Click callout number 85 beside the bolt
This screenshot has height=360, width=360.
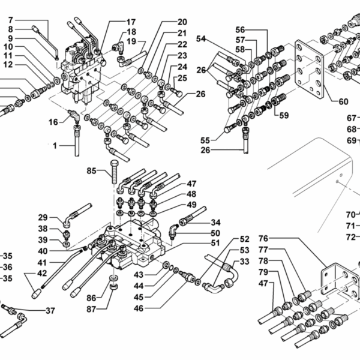(x=91, y=171)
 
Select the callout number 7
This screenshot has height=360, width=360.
(x=10, y=20)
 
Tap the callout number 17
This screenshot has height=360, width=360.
(x=131, y=22)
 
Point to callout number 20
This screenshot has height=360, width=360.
(x=182, y=22)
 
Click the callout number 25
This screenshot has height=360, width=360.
(x=182, y=77)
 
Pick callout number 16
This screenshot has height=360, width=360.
(x=53, y=122)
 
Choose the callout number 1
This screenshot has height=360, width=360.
(x=54, y=146)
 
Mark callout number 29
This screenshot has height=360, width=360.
(x=43, y=217)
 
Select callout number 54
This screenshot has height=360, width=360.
(x=201, y=39)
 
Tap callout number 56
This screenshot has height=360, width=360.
(x=241, y=29)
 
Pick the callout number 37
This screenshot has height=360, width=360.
(x=50, y=310)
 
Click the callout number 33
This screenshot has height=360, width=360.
(x=244, y=262)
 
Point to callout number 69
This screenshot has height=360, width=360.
(x=352, y=140)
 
